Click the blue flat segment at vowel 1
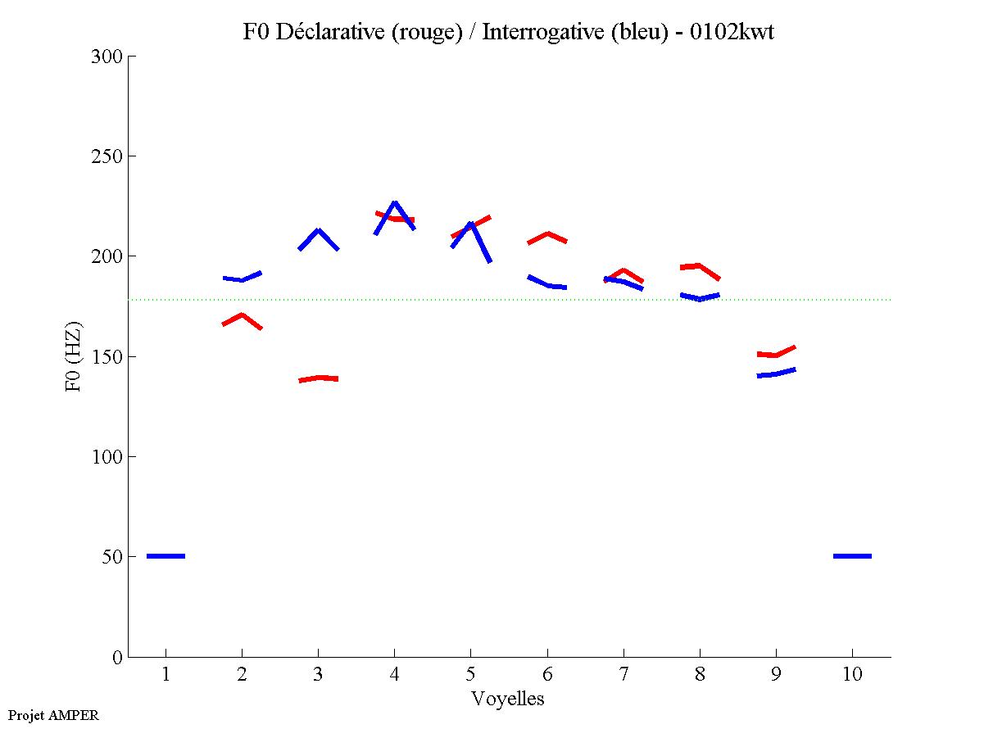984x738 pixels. pos(166,556)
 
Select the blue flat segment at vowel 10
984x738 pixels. pos(852,556)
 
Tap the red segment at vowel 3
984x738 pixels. pos(319,378)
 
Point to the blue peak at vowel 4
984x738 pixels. pos(395,203)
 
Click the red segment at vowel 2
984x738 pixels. pos(242,318)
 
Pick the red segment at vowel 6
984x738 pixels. pos(547,237)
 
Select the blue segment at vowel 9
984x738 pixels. pos(776,374)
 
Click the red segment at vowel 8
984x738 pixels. pos(699,268)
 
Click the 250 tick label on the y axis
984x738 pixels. pos(107,156)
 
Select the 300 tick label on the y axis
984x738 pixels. pos(107,57)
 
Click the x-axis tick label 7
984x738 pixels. pos(624,675)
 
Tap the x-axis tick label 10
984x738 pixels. pos(852,675)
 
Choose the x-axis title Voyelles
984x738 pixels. pos(508,699)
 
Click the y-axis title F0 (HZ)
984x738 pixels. pos(73,356)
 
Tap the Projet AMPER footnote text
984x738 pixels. pos(53,715)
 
